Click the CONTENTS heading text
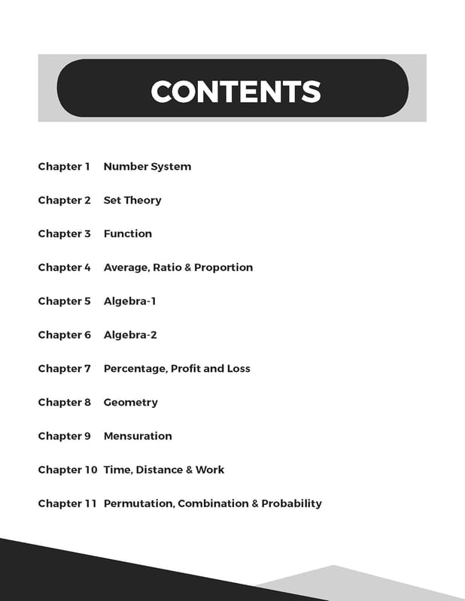236,92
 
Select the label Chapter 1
64,167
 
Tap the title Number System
147,167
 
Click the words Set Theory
132,201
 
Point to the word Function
127,234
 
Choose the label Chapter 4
64,267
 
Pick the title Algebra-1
129,301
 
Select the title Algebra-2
130,335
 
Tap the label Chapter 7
64,369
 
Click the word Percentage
135,369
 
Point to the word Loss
239,369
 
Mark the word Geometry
130,403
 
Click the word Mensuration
138,436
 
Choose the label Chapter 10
68,470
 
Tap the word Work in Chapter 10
210,470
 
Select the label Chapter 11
67,504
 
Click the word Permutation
138,504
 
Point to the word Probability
291,504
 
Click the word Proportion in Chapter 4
223,267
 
